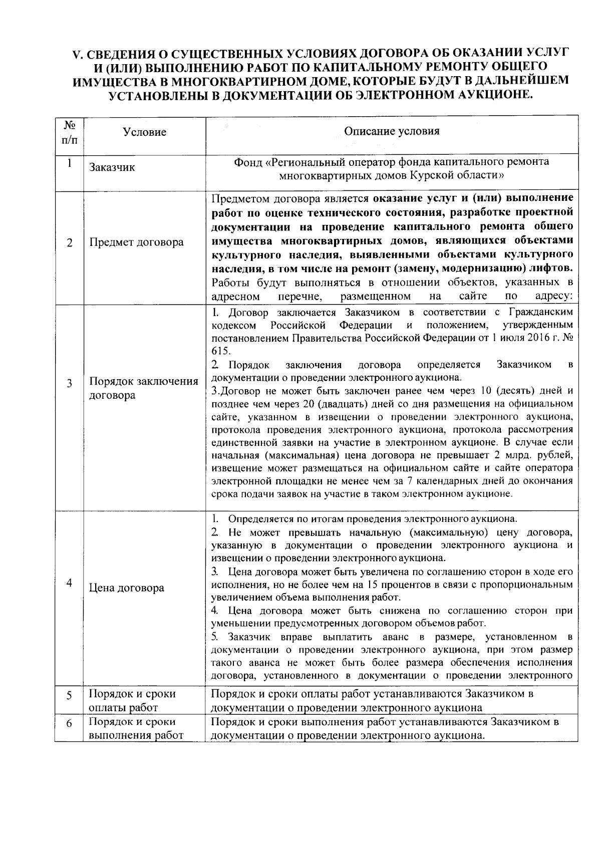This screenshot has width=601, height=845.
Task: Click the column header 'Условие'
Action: pos(144,132)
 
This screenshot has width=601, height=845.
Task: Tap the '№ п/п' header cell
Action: pos(70,132)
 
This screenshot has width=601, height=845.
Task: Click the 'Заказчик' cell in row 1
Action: pos(112,167)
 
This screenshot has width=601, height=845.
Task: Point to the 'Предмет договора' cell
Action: pos(136,242)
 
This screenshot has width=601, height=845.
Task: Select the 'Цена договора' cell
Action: pos(126,588)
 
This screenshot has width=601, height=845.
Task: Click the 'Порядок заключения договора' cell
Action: pos(143,388)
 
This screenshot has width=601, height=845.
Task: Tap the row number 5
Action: pos(70,696)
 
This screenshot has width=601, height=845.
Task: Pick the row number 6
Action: pos(70,724)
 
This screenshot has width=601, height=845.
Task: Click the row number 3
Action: pos(70,384)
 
